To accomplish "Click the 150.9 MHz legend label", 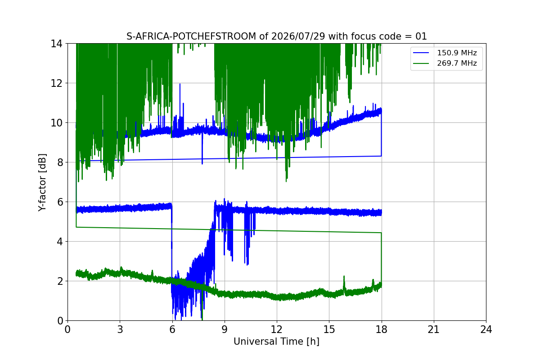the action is point(457,53).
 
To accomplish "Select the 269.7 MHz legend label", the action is point(457,63).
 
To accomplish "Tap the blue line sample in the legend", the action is point(421,53).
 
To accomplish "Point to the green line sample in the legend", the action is point(421,63).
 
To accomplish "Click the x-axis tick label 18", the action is point(382,329).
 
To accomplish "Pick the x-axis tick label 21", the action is point(434,329).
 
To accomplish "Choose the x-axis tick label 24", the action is point(486,329).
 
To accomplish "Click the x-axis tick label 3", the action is point(120,329).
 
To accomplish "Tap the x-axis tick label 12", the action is point(277,329).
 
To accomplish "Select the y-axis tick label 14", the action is point(57,44).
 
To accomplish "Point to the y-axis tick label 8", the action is point(60,162).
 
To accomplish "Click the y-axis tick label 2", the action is point(60,281).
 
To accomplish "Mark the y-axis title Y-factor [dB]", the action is point(42,183).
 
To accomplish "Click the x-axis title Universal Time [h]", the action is point(276,342).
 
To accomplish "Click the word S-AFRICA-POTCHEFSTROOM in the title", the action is point(191,36).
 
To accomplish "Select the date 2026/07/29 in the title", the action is point(298,36).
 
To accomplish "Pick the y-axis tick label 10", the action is point(57,123).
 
